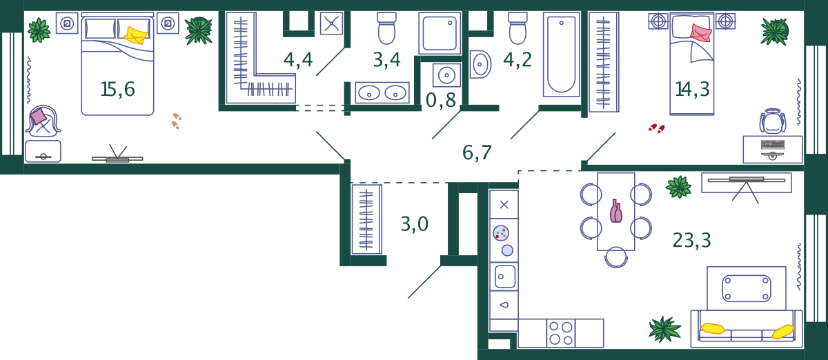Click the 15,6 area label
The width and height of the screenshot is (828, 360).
click(117, 89)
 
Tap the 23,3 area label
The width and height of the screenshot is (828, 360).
click(691, 240)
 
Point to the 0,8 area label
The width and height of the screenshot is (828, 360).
click(441, 100)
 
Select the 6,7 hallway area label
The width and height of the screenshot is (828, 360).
click(477, 152)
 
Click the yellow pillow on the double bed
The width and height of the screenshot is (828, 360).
click(135, 34)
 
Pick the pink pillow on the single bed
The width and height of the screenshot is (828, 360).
click(701, 32)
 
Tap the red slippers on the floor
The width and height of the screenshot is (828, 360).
click(656, 128)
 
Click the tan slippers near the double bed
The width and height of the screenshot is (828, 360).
click(177, 121)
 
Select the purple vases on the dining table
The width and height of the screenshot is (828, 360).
click(615, 211)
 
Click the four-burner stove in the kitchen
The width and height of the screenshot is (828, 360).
click(561, 333)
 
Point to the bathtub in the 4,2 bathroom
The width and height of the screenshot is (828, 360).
click(561, 54)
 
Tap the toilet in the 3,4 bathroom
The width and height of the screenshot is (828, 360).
click(386, 28)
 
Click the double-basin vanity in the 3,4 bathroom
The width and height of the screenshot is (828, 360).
click(382, 92)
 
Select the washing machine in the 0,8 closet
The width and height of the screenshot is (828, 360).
click(446, 75)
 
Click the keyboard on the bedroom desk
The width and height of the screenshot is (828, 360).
click(773, 144)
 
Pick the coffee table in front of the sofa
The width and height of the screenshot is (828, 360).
click(747, 288)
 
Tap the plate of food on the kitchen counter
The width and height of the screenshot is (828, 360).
click(501, 233)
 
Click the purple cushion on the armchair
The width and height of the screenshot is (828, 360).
click(38, 116)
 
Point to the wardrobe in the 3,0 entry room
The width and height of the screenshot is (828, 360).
click(366, 219)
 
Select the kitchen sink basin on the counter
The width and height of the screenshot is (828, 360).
click(505, 277)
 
